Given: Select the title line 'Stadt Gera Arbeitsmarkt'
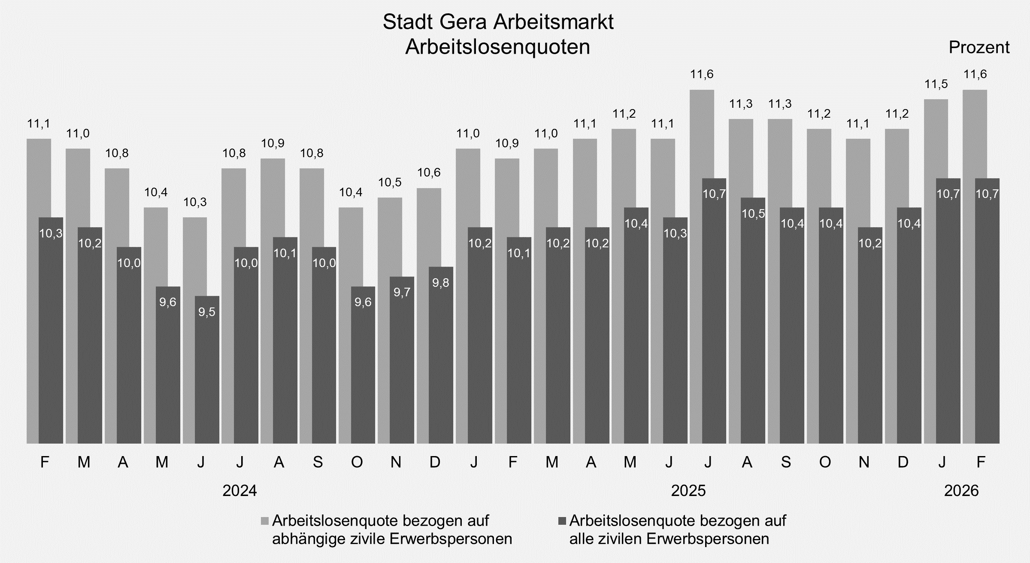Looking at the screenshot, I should coord(498,22).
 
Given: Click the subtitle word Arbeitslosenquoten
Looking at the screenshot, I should coord(498,47).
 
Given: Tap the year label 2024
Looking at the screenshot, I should coord(239,490).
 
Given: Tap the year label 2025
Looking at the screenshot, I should coord(688,490).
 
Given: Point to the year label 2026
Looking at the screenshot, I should coord(961,490).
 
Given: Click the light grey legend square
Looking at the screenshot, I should coord(265,521).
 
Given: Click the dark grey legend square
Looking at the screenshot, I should coord(562,521).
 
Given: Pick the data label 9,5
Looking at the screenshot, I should coord(207,312).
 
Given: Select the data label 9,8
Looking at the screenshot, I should coord(441,283).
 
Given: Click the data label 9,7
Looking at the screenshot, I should coord(402,292).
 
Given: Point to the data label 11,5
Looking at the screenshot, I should coord(936,84).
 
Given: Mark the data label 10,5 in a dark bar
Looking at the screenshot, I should coord(753,214).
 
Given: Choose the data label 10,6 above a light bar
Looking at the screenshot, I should coord(429,173).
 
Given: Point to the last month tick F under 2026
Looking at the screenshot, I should coord(981,463).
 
